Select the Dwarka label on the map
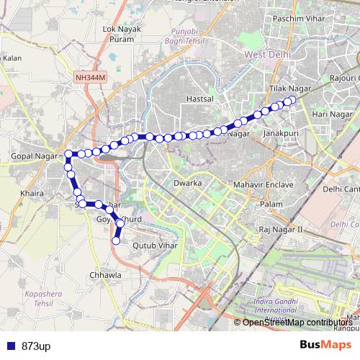(186, 184)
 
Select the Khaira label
(33, 194)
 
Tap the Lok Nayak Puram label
(120, 34)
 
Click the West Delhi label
(267, 55)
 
